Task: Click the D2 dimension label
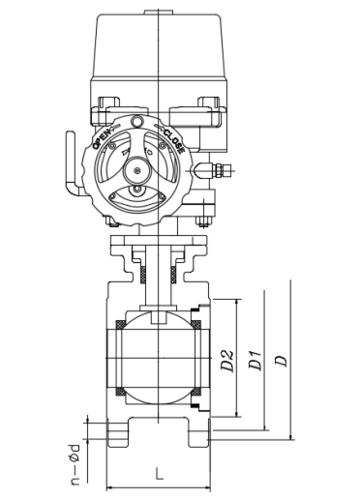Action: pos(228,361)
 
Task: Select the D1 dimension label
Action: pos(255,361)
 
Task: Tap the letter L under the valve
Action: pos(159,474)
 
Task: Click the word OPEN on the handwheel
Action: pos(102,138)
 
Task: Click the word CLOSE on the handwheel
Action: pos(174,140)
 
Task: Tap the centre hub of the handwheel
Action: pos(137,170)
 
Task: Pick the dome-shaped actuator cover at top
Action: pos(158,45)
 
